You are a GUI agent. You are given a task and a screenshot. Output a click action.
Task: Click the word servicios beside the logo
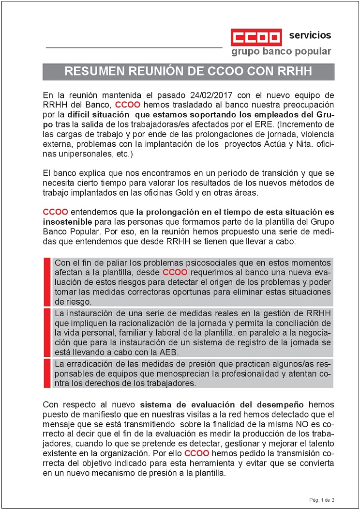(310, 35)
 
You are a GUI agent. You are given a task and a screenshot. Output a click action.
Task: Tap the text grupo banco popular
(281, 51)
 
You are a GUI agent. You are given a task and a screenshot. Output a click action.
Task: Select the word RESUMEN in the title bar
(92, 72)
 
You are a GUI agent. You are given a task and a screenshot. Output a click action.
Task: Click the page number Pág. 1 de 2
(322, 499)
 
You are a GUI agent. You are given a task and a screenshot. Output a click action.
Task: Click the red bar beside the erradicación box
(47, 373)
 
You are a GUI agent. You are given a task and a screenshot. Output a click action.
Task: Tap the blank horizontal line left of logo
(134, 47)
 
